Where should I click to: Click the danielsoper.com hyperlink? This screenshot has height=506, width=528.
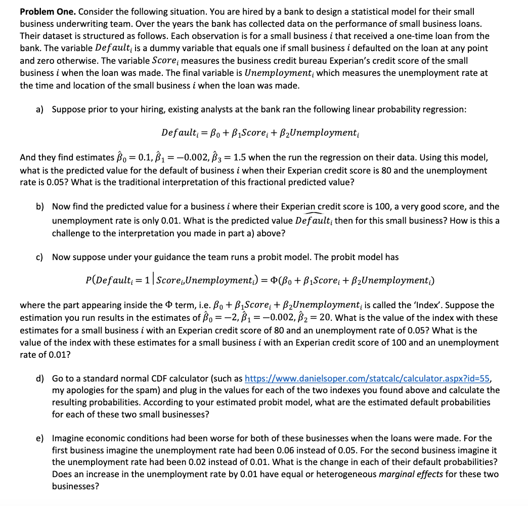click(367, 378)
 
